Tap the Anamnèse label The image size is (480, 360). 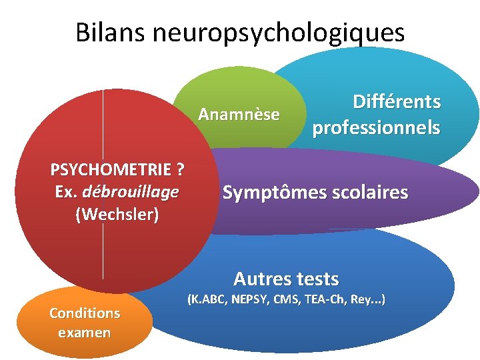pyautogui.click(x=239, y=115)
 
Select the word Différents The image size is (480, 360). pyautogui.click(x=397, y=102)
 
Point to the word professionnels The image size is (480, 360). pyautogui.click(x=377, y=127)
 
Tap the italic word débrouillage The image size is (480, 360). pyautogui.click(x=131, y=192)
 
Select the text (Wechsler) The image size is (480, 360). pyautogui.click(x=117, y=215)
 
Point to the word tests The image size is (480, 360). pyautogui.click(x=317, y=279)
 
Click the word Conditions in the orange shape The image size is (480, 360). pyautogui.click(x=85, y=313)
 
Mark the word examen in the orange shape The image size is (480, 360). pyautogui.click(x=85, y=332)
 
